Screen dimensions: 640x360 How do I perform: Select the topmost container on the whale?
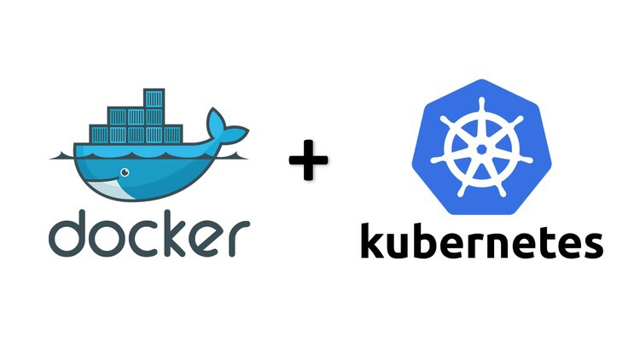tap(154, 98)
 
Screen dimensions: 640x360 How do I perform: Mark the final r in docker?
tap(239, 238)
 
